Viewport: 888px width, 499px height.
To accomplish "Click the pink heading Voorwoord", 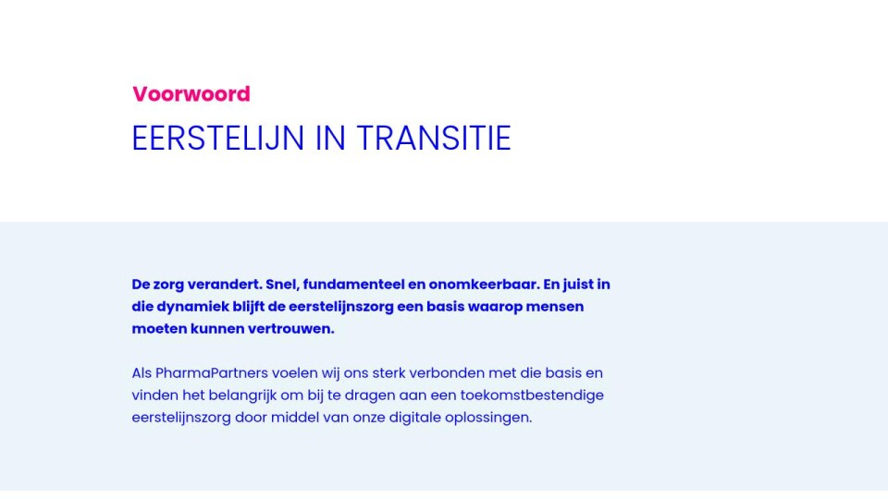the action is click(191, 94).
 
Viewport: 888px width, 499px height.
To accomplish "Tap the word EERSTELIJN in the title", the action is click(218, 138).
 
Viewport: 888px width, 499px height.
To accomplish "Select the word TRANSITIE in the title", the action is click(434, 138).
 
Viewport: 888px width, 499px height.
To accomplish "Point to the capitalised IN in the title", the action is click(330, 138).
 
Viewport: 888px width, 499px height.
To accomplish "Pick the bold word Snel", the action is click(282, 284).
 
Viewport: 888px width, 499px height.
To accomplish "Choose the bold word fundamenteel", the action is click(345, 284).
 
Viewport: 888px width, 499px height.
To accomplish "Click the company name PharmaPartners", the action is click(211, 372).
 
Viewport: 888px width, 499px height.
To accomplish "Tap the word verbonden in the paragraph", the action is click(447, 372).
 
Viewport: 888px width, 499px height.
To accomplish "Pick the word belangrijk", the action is click(242, 396).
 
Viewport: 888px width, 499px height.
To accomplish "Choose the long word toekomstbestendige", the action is click(532, 395).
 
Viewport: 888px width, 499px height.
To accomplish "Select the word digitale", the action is click(414, 418).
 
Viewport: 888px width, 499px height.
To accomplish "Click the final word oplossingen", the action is click(488, 418).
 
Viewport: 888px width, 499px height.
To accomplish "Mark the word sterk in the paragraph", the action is click(388, 372).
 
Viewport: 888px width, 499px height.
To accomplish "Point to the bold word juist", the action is click(577, 284).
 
